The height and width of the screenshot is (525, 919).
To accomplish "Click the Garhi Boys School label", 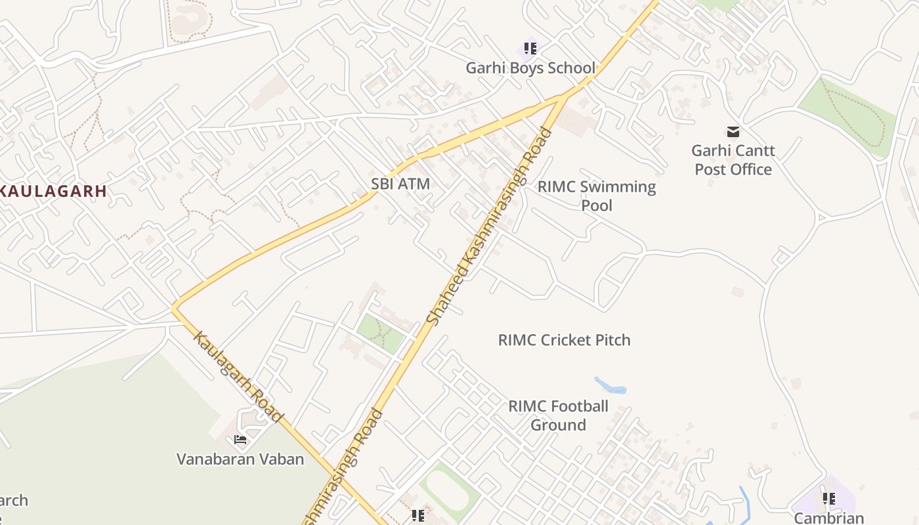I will click(x=530, y=68).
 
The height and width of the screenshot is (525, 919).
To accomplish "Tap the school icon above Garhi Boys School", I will click(x=530, y=48).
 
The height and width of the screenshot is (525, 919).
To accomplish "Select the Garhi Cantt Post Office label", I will click(x=733, y=159).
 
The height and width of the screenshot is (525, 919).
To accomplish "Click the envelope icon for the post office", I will click(x=733, y=132).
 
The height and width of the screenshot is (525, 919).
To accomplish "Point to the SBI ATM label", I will click(x=400, y=184).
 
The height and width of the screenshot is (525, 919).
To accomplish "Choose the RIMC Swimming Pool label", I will click(x=597, y=196).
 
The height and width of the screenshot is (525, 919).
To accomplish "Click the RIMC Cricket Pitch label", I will click(x=564, y=340).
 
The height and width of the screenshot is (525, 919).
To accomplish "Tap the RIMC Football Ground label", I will click(x=558, y=415).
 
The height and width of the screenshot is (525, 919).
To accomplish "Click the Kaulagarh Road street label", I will click(x=239, y=377).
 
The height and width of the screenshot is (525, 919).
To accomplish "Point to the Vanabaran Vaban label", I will click(x=240, y=459).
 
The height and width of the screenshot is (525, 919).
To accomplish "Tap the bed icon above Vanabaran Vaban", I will click(x=240, y=439).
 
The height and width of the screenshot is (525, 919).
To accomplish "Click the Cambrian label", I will click(x=828, y=518).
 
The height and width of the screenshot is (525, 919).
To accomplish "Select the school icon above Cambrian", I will click(x=829, y=499).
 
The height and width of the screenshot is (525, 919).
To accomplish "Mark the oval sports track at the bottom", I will click(x=450, y=491).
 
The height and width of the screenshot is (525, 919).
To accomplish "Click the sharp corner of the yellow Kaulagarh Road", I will click(x=174, y=307).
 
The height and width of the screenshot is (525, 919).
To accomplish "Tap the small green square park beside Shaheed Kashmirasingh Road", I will click(x=381, y=333).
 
